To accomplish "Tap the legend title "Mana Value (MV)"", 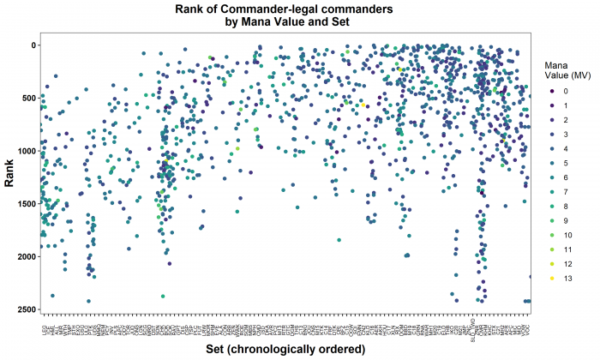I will (561, 70).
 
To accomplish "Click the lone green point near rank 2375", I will (163, 296).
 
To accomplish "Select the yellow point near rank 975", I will (237, 148).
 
